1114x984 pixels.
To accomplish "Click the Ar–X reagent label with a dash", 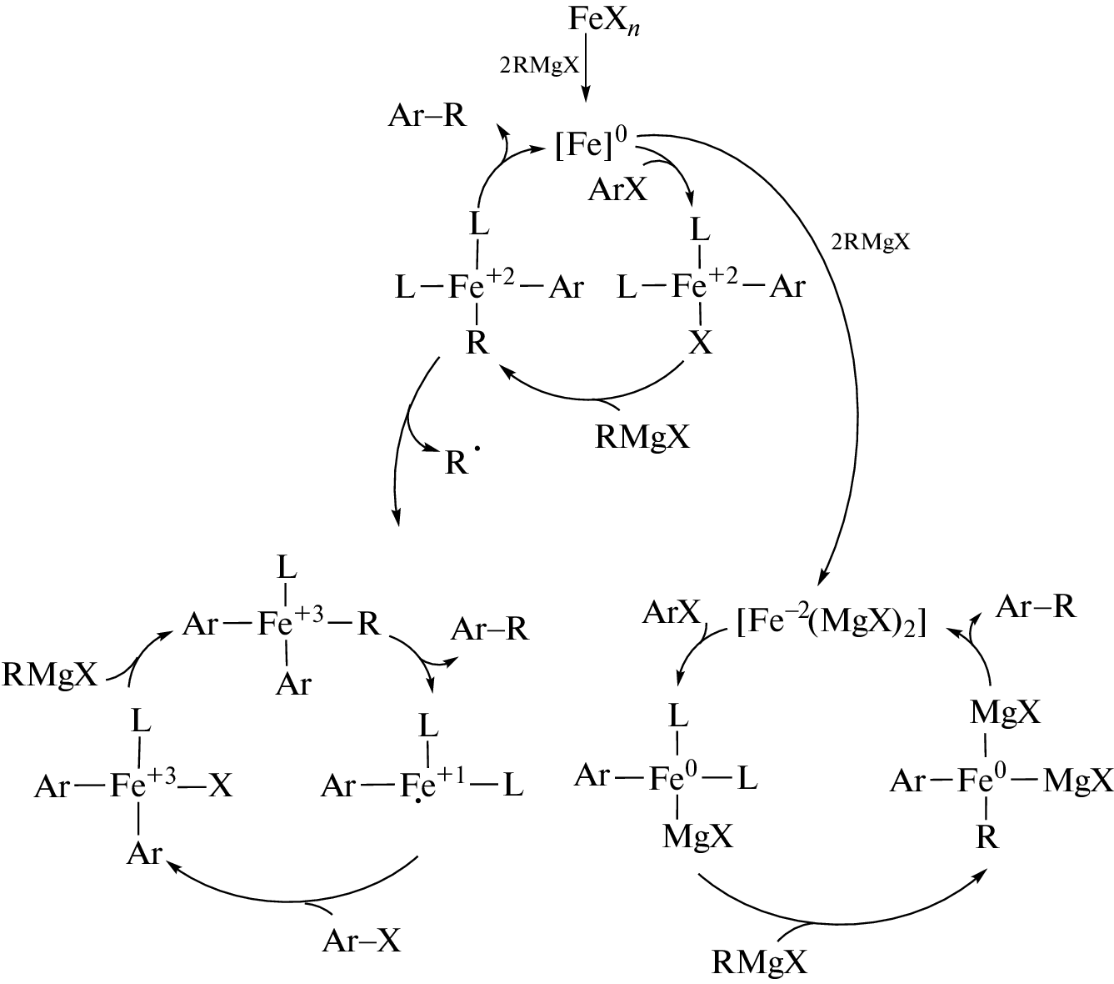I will pyautogui.click(x=362, y=941).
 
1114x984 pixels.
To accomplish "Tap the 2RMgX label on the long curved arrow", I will pyautogui.click(x=872, y=243).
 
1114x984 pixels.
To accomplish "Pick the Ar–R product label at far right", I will pyautogui.click(x=1037, y=606).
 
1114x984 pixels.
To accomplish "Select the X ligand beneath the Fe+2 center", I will pyautogui.click(x=701, y=343).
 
